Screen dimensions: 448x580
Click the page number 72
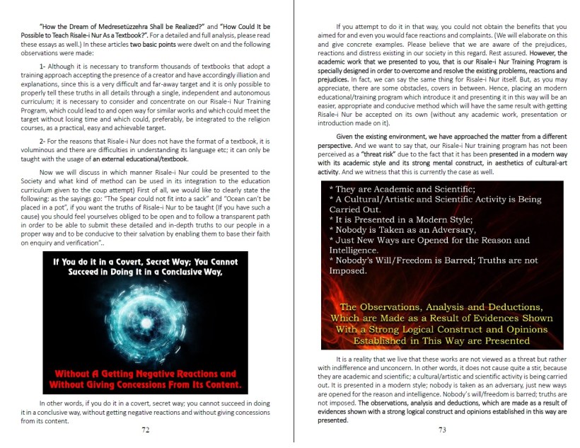pyautogui.click(x=145, y=429)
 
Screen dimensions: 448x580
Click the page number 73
pyautogui.click(x=441, y=429)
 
